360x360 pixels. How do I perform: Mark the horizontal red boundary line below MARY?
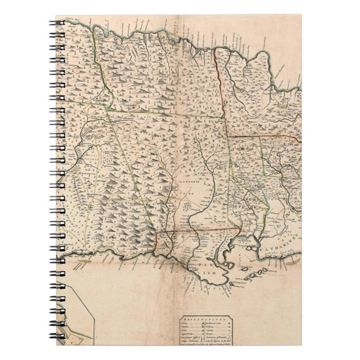coord(263,136)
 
